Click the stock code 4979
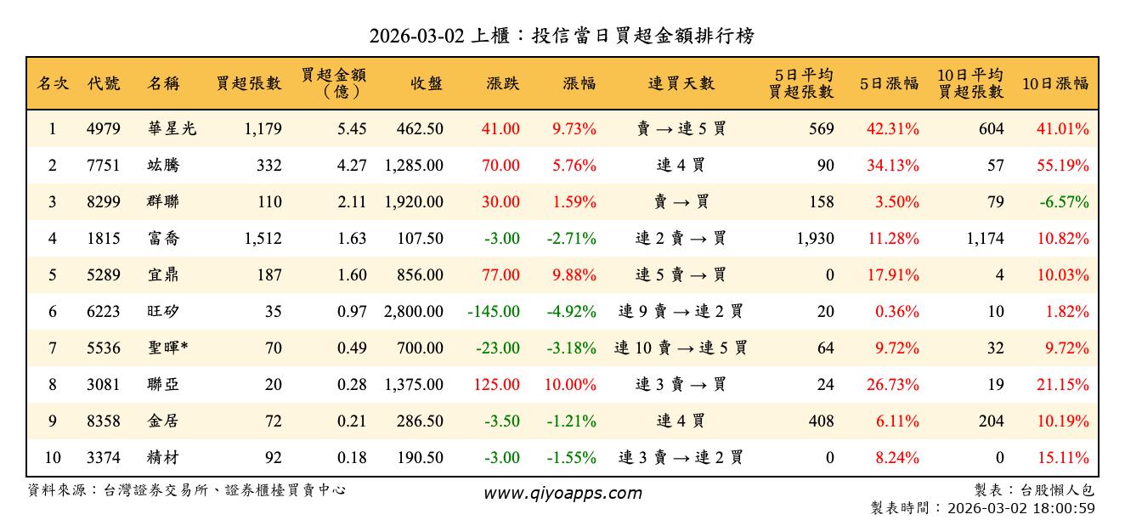point(104,129)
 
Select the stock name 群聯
point(162,202)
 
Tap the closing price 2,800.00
point(413,311)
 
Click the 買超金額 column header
point(333,83)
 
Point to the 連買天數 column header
point(681,83)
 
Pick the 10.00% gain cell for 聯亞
point(570,384)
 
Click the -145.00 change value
point(494,311)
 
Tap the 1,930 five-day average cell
point(815,239)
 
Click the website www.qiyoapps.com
point(562,493)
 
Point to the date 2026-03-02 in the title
point(416,36)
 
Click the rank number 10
point(53,457)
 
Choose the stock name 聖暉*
point(167,348)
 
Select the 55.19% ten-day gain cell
point(1062,166)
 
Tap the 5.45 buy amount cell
point(352,129)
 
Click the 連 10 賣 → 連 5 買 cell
point(681,348)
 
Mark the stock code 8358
point(104,421)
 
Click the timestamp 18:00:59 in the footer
point(1065,508)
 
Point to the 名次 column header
point(53,83)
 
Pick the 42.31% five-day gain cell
point(892,129)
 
